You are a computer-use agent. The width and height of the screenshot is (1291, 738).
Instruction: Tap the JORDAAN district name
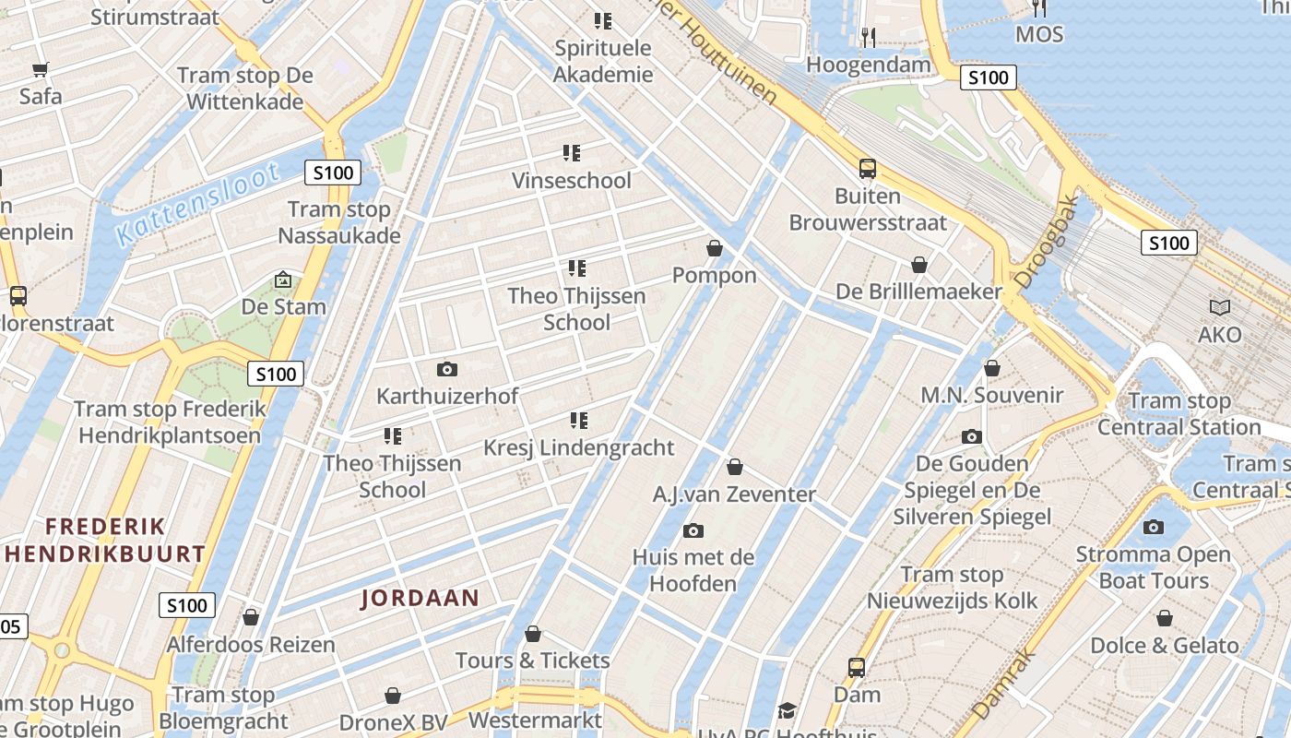coord(420,598)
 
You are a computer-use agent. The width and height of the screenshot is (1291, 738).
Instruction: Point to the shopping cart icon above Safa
coord(40,69)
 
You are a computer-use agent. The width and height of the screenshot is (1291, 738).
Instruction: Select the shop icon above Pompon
coord(714,248)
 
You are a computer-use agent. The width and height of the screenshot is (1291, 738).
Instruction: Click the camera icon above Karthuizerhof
coord(447,369)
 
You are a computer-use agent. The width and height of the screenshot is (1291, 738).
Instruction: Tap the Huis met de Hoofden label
coord(693,570)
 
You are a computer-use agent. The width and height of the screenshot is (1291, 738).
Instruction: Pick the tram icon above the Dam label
coord(857,667)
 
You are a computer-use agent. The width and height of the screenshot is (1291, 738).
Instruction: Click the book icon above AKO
coord(1220,308)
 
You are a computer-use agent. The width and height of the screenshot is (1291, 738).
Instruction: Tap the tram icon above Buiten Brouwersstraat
coord(867,169)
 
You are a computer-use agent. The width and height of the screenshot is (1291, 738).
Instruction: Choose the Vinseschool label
coord(572,180)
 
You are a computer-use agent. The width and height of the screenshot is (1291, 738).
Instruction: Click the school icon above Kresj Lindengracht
coord(578,421)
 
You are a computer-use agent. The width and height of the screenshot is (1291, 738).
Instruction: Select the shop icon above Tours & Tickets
coord(532,634)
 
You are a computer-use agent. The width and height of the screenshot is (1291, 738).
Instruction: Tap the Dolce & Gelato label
coord(1165,645)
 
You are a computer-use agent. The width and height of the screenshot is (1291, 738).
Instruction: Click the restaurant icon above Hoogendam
coord(868,37)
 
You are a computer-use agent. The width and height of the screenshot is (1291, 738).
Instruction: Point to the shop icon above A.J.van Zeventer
coord(735,467)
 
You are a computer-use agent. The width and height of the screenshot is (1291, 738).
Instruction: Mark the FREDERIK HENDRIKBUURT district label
coord(106,540)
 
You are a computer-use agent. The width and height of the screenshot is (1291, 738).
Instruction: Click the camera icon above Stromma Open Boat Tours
coord(1153,527)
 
